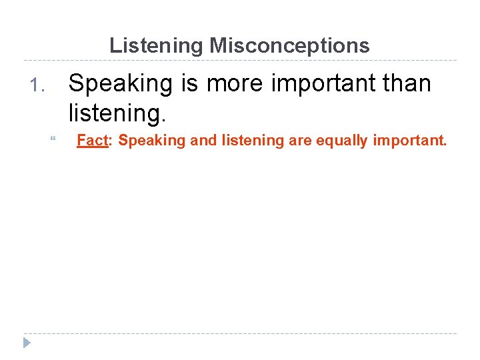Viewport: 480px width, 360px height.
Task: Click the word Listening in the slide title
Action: tap(157, 45)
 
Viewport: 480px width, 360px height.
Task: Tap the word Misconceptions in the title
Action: tap(289, 45)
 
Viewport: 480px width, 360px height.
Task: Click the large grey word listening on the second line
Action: tap(116, 113)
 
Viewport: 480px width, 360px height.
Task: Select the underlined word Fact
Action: tap(93, 141)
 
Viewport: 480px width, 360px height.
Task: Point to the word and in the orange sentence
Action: tap(204, 141)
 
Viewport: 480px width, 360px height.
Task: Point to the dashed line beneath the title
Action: tap(240, 60)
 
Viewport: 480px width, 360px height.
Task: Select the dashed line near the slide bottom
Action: tap(240, 333)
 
